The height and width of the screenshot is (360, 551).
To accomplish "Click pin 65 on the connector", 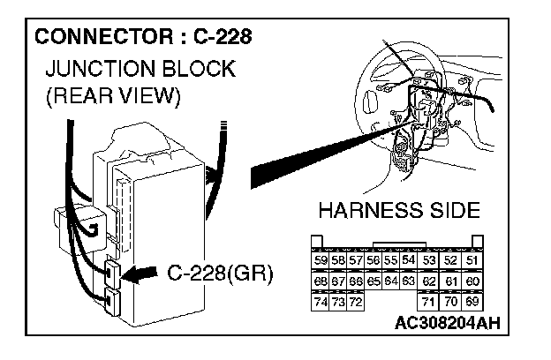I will pos(374,281).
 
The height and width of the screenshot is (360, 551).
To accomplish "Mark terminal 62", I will pos(429,281).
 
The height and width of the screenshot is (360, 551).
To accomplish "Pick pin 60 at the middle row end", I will pos(472,281).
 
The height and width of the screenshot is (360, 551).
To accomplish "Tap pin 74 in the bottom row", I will pos(321,303).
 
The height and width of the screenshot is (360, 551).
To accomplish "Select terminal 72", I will pos(356,303).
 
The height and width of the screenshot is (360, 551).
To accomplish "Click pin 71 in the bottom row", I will pos(429,303).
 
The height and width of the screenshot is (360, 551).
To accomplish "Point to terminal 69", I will pos(472,303).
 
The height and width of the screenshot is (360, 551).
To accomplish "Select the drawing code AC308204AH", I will pos(447,323).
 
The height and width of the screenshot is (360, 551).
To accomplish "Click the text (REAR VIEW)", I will pos(112,96).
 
